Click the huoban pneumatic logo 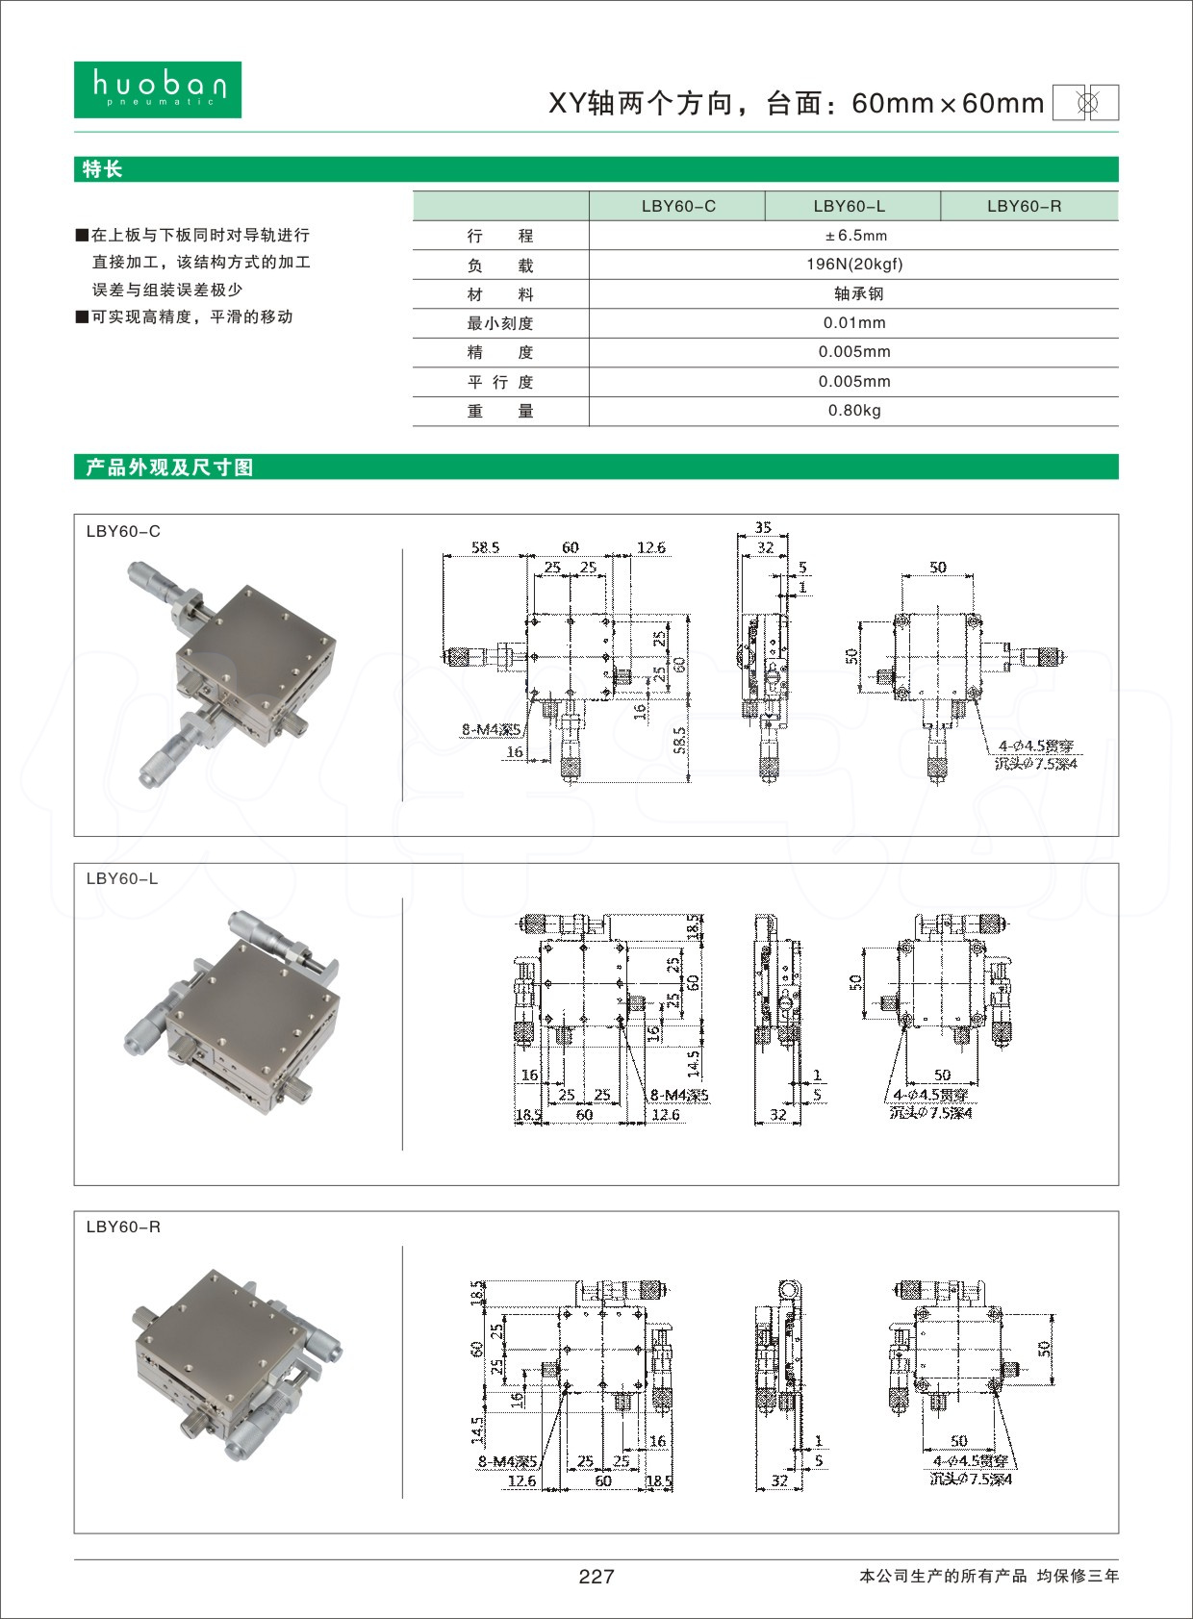click(x=158, y=89)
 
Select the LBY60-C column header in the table click(x=678, y=206)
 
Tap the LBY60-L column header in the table click(x=849, y=206)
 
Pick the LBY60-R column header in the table click(x=1024, y=206)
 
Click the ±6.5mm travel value click(x=854, y=236)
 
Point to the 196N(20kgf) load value click(x=854, y=265)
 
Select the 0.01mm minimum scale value click(x=854, y=323)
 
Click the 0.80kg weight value click(x=854, y=411)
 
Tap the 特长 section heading click(x=103, y=169)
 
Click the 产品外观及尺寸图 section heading click(x=169, y=468)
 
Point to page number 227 click(x=596, y=1576)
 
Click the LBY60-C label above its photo click(x=123, y=531)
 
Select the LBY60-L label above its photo click(x=122, y=878)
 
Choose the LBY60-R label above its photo click(x=123, y=1227)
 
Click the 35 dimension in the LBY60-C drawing click(x=763, y=527)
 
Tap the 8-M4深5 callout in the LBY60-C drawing click(x=491, y=729)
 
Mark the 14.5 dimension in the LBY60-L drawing click(x=694, y=1063)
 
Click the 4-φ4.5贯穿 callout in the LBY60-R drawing click(x=970, y=1461)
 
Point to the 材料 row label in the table click(x=500, y=294)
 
